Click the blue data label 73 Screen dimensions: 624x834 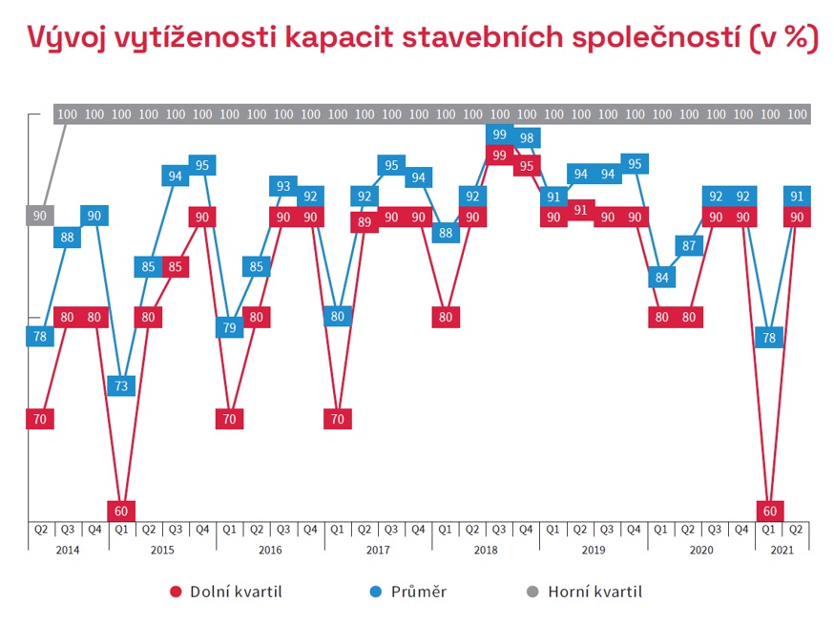tap(121, 386)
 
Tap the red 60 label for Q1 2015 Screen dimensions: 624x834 tap(121, 510)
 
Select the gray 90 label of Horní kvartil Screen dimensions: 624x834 tap(40, 216)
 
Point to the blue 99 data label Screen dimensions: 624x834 tap(498, 134)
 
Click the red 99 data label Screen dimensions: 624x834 tap(498, 155)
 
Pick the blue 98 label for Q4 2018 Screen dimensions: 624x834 tap(526, 137)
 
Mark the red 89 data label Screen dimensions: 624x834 tap(364, 222)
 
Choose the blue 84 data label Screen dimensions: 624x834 tap(660, 279)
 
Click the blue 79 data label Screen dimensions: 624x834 tap(229, 328)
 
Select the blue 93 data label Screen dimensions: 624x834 tap(283, 186)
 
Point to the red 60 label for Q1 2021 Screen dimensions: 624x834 tap(770, 510)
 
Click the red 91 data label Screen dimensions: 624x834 tap(579, 210)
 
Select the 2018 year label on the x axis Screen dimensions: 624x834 tap(485, 551)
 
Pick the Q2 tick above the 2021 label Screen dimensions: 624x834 tap(797, 528)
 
